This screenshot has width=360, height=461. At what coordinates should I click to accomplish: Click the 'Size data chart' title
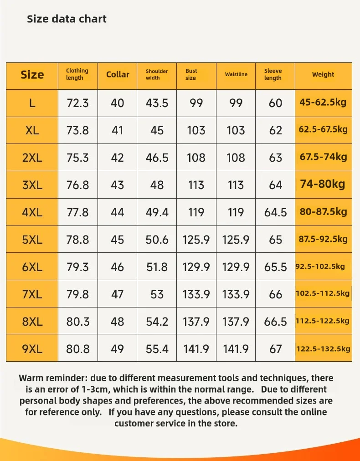(x=67, y=19)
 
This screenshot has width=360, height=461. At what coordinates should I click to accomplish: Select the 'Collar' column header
(x=118, y=75)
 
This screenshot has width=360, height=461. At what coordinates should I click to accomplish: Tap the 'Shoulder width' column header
(x=157, y=75)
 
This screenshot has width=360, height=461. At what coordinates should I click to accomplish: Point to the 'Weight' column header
(x=323, y=75)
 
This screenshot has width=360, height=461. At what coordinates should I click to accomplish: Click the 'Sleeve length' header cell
(x=273, y=75)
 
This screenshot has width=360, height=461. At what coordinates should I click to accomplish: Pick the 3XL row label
(x=32, y=185)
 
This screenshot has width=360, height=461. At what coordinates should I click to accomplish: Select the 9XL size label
(x=32, y=349)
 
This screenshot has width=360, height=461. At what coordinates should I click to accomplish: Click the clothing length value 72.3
(x=77, y=103)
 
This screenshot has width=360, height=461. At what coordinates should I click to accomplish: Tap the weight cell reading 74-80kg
(x=323, y=184)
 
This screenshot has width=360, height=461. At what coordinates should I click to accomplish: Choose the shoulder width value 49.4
(x=157, y=212)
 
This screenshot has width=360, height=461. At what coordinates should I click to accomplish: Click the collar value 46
(x=117, y=267)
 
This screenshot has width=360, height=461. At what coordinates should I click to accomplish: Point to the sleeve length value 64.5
(x=275, y=212)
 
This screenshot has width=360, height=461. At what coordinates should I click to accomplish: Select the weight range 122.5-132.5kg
(x=323, y=349)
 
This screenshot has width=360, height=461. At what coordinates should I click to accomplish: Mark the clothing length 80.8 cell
(x=77, y=349)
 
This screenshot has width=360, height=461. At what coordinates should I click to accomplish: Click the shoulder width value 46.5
(x=157, y=158)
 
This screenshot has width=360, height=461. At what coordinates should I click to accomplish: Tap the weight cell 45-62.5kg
(x=323, y=102)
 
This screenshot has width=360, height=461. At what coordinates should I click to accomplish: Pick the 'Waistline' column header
(x=236, y=75)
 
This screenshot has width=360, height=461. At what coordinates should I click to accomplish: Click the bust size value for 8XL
(x=196, y=322)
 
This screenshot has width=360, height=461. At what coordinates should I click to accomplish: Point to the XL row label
(x=32, y=130)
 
